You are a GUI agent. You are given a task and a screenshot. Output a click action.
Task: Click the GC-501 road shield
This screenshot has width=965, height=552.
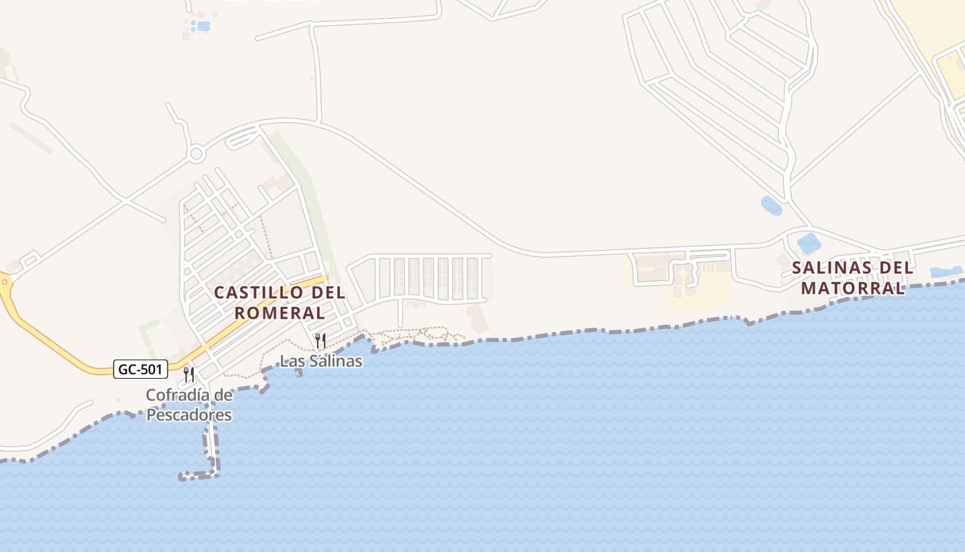141,370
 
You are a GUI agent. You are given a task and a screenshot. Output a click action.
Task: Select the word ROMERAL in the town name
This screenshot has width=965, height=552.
279,313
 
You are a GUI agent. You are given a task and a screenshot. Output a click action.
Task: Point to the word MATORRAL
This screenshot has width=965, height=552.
853,288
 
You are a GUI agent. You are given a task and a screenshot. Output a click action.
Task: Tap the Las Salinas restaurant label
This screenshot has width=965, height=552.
321,361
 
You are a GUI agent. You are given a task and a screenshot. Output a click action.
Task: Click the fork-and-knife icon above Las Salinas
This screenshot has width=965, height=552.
320,340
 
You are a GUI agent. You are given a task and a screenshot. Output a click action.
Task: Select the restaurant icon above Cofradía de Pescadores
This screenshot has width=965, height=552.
189,375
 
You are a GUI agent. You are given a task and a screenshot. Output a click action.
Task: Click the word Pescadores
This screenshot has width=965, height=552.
189,415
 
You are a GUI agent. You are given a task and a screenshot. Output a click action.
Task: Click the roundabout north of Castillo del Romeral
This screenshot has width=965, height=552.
196,153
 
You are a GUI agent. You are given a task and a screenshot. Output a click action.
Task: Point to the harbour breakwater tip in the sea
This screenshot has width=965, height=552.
183,475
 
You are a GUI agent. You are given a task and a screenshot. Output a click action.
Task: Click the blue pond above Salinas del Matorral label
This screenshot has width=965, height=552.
807,243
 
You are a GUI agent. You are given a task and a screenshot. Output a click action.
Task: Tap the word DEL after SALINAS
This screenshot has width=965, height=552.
896,268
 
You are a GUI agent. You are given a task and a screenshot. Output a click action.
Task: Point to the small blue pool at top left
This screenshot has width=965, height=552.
203,26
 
